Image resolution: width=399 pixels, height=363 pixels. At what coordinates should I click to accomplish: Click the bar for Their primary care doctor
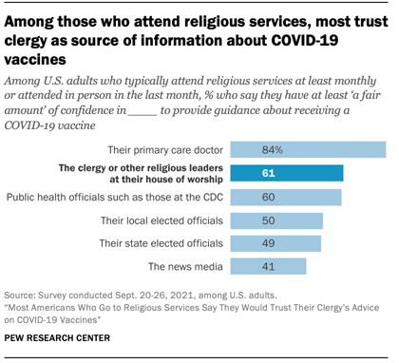[x=309, y=149]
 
